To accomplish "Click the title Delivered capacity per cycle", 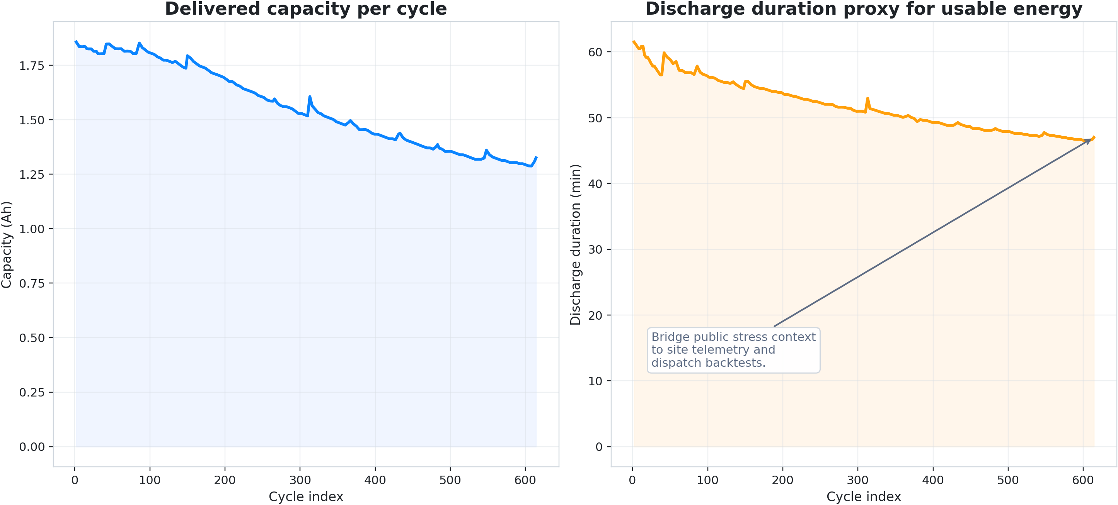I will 305,9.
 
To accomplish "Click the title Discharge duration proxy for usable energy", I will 864,9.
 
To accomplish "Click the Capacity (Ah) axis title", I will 7,244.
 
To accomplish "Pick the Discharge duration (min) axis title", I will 576,244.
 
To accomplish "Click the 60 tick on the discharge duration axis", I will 595,52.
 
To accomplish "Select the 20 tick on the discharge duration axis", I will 595,315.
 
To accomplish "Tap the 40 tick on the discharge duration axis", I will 595,184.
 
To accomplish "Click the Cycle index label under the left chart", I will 305,497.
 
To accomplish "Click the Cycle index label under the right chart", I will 864,497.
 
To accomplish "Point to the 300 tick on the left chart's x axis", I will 300,480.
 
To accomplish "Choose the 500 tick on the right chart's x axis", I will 1008,480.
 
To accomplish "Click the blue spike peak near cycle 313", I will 309,97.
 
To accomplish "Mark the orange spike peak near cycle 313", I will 867,98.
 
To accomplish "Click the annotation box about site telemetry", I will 733,350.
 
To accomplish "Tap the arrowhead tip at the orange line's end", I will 1091,139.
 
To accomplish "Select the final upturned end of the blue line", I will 537,158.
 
